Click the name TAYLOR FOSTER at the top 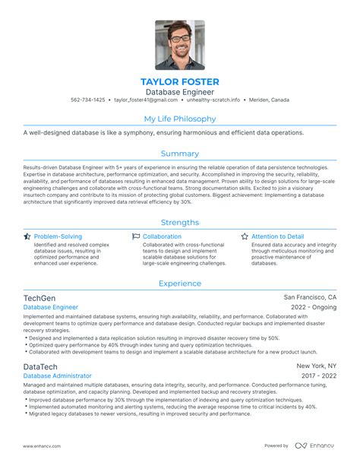point(180,81)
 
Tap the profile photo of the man point(180,45)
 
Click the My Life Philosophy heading point(180,119)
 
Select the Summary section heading point(180,154)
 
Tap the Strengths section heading point(180,222)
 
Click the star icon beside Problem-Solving point(27,236)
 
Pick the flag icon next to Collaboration point(136,236)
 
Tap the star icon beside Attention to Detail point(245,236)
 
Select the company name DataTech point(40,366)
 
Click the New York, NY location point(317,366)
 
